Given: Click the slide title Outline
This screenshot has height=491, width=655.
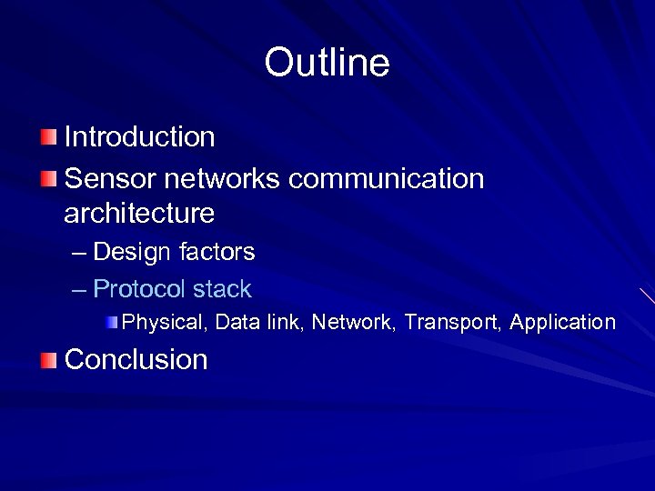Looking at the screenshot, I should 327,63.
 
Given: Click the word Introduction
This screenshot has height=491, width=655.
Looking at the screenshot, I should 139,137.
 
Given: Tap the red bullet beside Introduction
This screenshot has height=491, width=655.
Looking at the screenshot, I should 47,137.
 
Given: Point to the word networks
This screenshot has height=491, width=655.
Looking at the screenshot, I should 222,178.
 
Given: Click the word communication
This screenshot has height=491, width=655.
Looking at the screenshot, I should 387,178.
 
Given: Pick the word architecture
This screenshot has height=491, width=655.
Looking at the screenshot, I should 139,215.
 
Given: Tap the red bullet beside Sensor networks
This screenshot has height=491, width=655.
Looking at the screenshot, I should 47,178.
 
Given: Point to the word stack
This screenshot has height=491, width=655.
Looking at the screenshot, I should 221,290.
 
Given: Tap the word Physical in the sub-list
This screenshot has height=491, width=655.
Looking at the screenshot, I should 164,322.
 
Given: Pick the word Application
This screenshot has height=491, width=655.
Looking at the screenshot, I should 563,322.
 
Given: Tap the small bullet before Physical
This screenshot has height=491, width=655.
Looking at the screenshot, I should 111,322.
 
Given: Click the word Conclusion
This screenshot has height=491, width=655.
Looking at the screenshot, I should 136,360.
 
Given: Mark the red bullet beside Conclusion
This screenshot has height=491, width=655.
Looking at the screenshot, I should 47,360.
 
